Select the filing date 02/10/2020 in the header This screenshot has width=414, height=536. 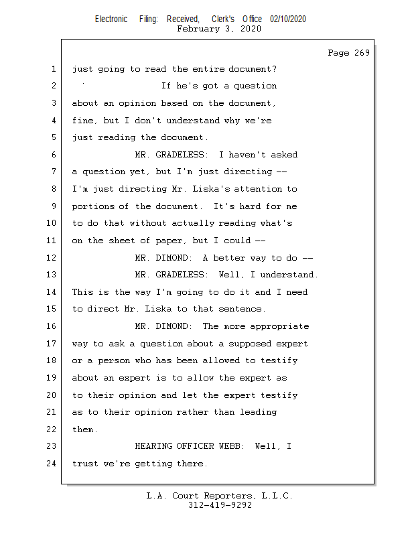(x=288, y=19)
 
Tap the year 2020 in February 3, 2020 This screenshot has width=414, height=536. (x=251, y=29)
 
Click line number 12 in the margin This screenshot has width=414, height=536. (x=53, y=258)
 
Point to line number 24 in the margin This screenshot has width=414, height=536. (x=53, y=464)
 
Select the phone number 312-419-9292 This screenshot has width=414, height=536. (x=220, y=506)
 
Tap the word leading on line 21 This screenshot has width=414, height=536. (x=258, y=412)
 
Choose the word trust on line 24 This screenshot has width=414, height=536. (x=85, y=464)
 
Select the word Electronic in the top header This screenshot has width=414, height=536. (x=111, y=19)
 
